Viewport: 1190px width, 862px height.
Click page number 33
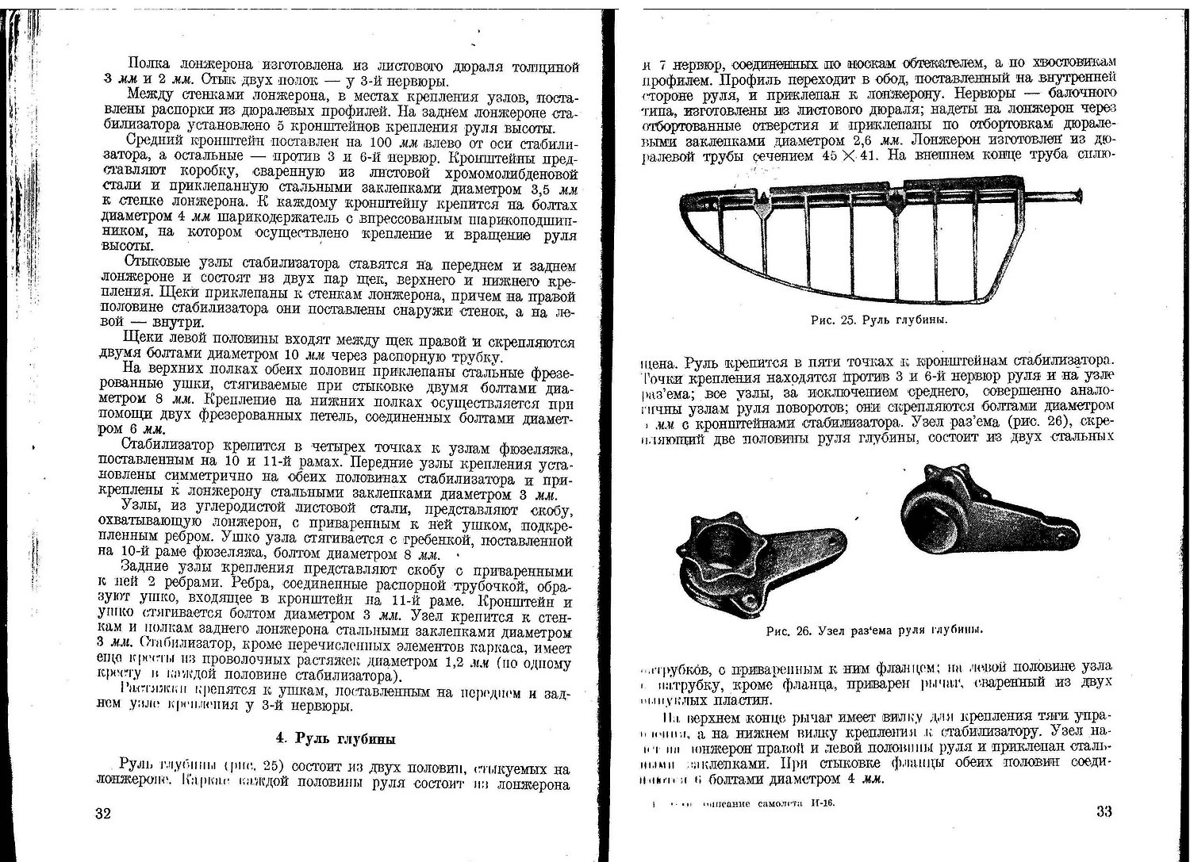tap(1104, 811)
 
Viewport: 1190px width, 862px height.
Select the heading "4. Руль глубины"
tap(336, 739)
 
